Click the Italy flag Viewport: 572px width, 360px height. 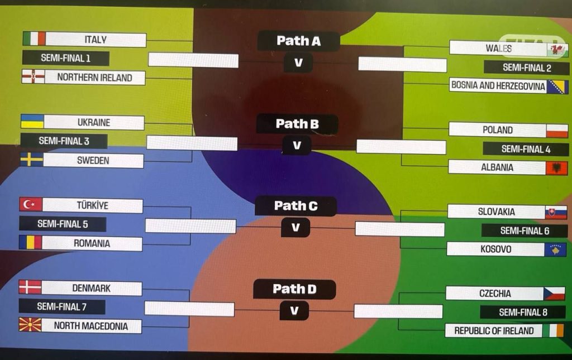click(34, 39)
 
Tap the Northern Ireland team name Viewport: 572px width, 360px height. click(94, 78)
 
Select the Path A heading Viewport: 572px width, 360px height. click(298, 41)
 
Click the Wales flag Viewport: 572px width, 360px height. click(557, 49)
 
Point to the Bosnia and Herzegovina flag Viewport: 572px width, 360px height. click(557, 87)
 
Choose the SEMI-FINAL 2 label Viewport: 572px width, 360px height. click(527, 68)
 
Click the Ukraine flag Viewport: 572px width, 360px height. click(32, 122)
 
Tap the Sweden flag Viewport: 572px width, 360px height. click(31, 160)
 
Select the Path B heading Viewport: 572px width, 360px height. click(297, 124)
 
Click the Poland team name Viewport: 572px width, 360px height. click(497, 130)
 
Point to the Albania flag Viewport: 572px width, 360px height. click(556, 167)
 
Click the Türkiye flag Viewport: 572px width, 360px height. click(31, 205)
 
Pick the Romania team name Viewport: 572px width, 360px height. click(92, 243)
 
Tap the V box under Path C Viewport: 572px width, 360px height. click(295, 227)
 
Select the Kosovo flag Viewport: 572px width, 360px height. click(555, 249)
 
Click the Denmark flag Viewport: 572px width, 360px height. click(30, 287)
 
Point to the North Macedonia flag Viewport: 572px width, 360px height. click(30, 325)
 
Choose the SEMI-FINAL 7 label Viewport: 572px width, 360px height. click(62, 306)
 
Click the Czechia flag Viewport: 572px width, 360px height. click(554, 294)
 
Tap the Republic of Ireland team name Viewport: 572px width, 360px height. click(494, 330)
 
